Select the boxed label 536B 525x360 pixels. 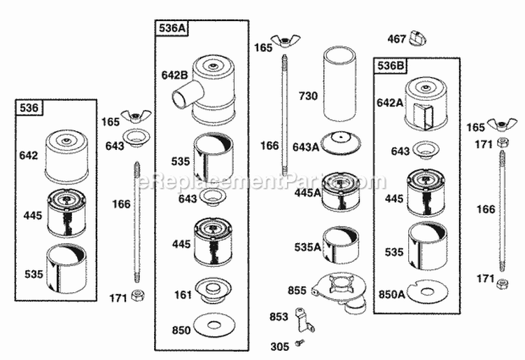[391, 65]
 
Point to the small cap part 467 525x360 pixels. [419, 36]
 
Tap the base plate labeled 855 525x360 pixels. [341, 289]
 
